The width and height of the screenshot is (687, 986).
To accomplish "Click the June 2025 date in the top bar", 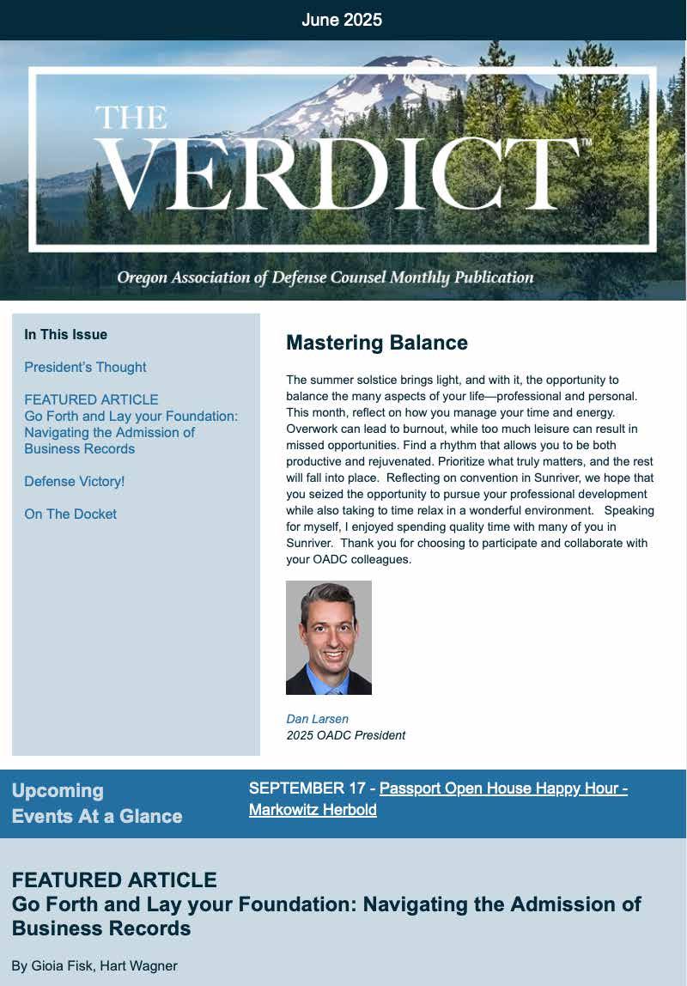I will click(x=342, y=20).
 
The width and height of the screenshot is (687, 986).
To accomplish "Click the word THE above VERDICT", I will click(x=131, y=118).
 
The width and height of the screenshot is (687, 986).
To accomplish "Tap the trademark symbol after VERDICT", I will click(x=587, y=143).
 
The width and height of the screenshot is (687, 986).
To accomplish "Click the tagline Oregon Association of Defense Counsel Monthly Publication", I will click(x=325, y=277).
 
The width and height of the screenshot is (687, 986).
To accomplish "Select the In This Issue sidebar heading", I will click(x=65, y=335).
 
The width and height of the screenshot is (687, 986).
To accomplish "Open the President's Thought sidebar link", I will click(x=85, y=368).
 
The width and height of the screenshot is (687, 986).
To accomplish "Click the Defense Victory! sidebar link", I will click(x=75, y=482).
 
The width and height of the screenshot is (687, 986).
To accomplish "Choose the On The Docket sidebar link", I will click(x=70, y=514).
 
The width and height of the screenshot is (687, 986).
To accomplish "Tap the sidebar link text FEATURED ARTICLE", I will click(x=91, y=400).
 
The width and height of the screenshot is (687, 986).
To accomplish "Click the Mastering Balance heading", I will click(x=376, y=343).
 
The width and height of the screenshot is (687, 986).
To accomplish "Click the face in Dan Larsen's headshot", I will click(x=328, y=630).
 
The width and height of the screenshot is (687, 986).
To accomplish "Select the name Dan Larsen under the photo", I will click(x=317, y=719).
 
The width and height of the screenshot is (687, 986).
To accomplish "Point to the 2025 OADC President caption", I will click(x=345, y=735).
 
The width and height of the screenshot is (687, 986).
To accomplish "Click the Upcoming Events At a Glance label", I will click(x=96, y=803).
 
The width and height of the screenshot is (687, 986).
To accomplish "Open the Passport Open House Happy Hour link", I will click(x=502, y=788).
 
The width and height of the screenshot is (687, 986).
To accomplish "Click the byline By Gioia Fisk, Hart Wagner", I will click(x=94, y=965).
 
